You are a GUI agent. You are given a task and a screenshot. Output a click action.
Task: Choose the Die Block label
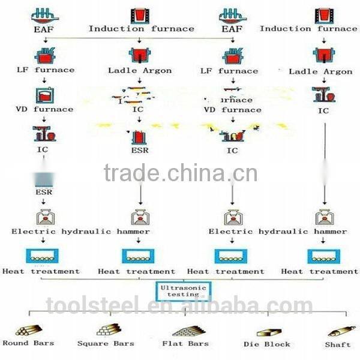(x=267, y=344)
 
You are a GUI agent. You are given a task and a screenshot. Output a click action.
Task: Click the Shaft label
(x=338, y=344)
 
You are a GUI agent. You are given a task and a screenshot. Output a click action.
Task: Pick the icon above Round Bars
(x=28, y=330)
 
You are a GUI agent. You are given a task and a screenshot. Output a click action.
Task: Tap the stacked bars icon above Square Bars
(x=107, y=329)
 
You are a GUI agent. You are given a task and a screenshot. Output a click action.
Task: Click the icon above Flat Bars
(x=188, y=331)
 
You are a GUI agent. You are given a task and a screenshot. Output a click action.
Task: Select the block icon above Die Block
(x=268, y=332)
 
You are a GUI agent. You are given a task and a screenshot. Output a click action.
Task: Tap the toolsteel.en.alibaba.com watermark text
(x=180, y=307)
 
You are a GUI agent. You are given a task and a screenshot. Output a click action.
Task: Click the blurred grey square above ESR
(x=44, y=179)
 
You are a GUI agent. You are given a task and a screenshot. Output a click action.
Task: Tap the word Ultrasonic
(x=179, y=287)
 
